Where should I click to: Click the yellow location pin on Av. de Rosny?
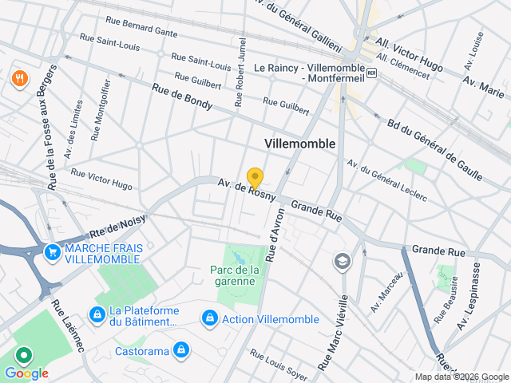coord(255,178)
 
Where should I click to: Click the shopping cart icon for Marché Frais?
coord(53,251)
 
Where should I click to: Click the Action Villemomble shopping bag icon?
coord(209,318)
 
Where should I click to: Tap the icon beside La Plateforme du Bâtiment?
coord(97,315)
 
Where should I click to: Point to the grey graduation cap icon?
coord(342,261)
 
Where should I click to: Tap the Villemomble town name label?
coord(299,143)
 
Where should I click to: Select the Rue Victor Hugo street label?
coord(101,179)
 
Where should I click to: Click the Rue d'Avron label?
coord(276,231)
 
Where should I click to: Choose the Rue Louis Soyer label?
coord(278,365)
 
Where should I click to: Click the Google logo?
coord(26,373)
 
